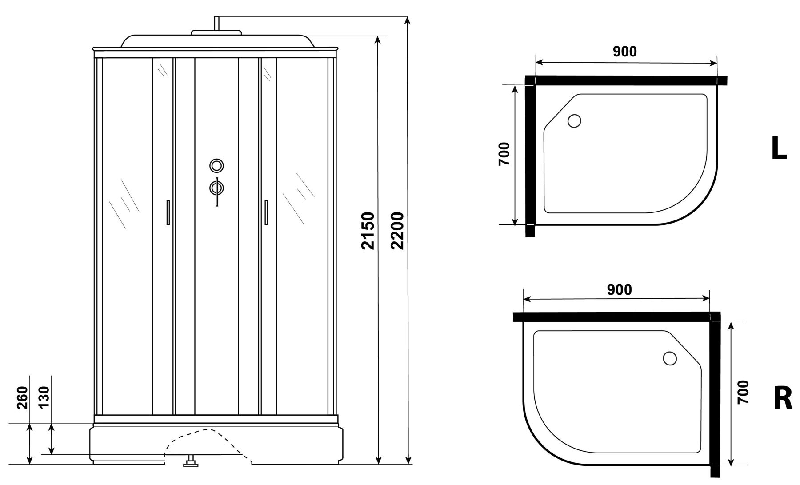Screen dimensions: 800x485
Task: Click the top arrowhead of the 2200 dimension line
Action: tap(408, 22)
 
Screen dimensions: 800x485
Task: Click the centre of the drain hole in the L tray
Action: tap(574, 121)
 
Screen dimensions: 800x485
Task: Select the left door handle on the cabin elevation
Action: tap(168, 212)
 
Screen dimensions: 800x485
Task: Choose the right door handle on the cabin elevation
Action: tap(266, 212)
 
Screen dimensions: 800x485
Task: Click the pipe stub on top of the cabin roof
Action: tap(216, 24)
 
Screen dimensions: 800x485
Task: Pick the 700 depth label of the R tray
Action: tap(743, 392)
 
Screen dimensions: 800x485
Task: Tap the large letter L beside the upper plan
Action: tap(779, 148)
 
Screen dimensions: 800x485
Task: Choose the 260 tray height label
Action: tap(23, 397)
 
